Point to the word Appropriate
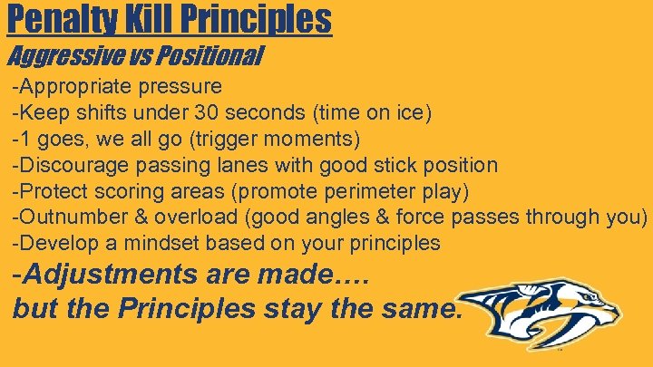click(x=76, y=88)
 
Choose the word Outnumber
click(x=70, y=217)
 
